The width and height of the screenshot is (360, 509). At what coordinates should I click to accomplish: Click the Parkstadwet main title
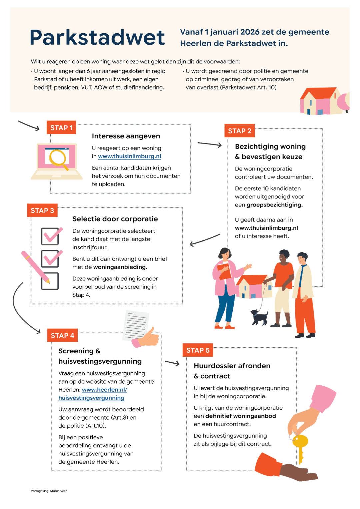(x=97, y=37)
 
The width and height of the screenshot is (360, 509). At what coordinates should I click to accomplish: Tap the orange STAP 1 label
(x=61, y=128)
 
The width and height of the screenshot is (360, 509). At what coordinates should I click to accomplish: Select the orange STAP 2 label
(x=239, y=131)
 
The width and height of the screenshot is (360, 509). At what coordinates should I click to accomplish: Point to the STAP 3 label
(x=42, y=211)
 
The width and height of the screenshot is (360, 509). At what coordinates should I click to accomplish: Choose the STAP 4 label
(x=62, y=336)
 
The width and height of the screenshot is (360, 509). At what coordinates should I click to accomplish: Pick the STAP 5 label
(x=198, y=350)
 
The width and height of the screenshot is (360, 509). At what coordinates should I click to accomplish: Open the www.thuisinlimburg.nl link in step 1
(x=129, y=156)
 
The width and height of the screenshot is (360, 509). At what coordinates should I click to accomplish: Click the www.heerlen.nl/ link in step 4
(x=104, y=390)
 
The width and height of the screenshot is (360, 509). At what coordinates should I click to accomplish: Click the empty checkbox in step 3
(x=50, y=281)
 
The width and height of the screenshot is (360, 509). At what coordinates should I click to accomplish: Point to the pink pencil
(x=35, y=267)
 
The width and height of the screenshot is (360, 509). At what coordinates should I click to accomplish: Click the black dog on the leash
(x=259, y=317)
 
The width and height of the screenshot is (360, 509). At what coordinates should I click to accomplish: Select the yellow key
(x=300, y=445)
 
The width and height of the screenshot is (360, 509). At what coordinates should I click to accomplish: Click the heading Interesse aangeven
(x=126, y=136)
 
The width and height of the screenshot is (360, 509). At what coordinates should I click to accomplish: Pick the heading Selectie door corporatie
(x=115, y=219)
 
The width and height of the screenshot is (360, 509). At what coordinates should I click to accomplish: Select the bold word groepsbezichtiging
(x=274, y=205)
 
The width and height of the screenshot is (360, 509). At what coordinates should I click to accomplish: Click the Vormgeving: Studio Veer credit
(x=49, y=491)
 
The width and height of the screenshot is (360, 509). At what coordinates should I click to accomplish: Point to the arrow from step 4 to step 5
(x=172, y=363)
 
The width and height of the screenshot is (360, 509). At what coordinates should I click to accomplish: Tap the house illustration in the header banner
(x=320, y=101)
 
